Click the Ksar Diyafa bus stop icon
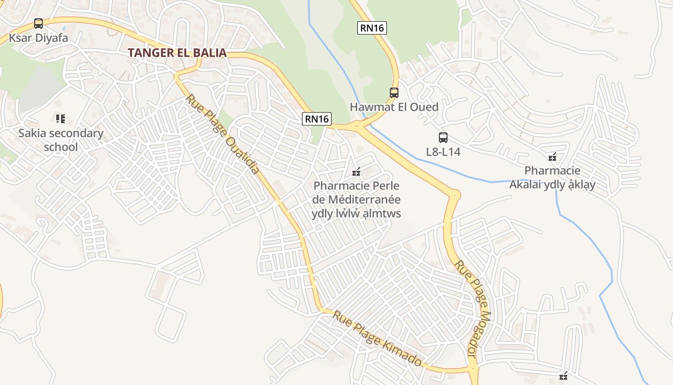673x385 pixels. [x=38, y=24]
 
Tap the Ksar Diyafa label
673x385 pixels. [x=38, y=38]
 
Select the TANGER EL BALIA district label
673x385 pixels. [x=177, y=53]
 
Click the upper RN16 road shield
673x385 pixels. [x=372, y=28]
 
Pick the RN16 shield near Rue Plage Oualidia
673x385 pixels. [x=317, y=119]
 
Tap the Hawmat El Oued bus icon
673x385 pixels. [x=394, y=93]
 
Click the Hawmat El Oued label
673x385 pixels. [x=394, y=107]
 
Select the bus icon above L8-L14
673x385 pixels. [x=443, y=138]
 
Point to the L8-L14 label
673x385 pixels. [x=443, y=152]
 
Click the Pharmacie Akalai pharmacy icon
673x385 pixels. [x=552, y=157]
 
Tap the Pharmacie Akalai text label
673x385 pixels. [x=552, y=178]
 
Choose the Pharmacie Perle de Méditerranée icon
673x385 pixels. [x=357, y=171]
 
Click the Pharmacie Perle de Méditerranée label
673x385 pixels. [x=357, y=199]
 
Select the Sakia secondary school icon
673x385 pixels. [x=61, y=118]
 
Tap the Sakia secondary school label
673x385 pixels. [x=61, y=140]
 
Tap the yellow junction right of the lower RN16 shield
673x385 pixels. [x=359, y=126]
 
